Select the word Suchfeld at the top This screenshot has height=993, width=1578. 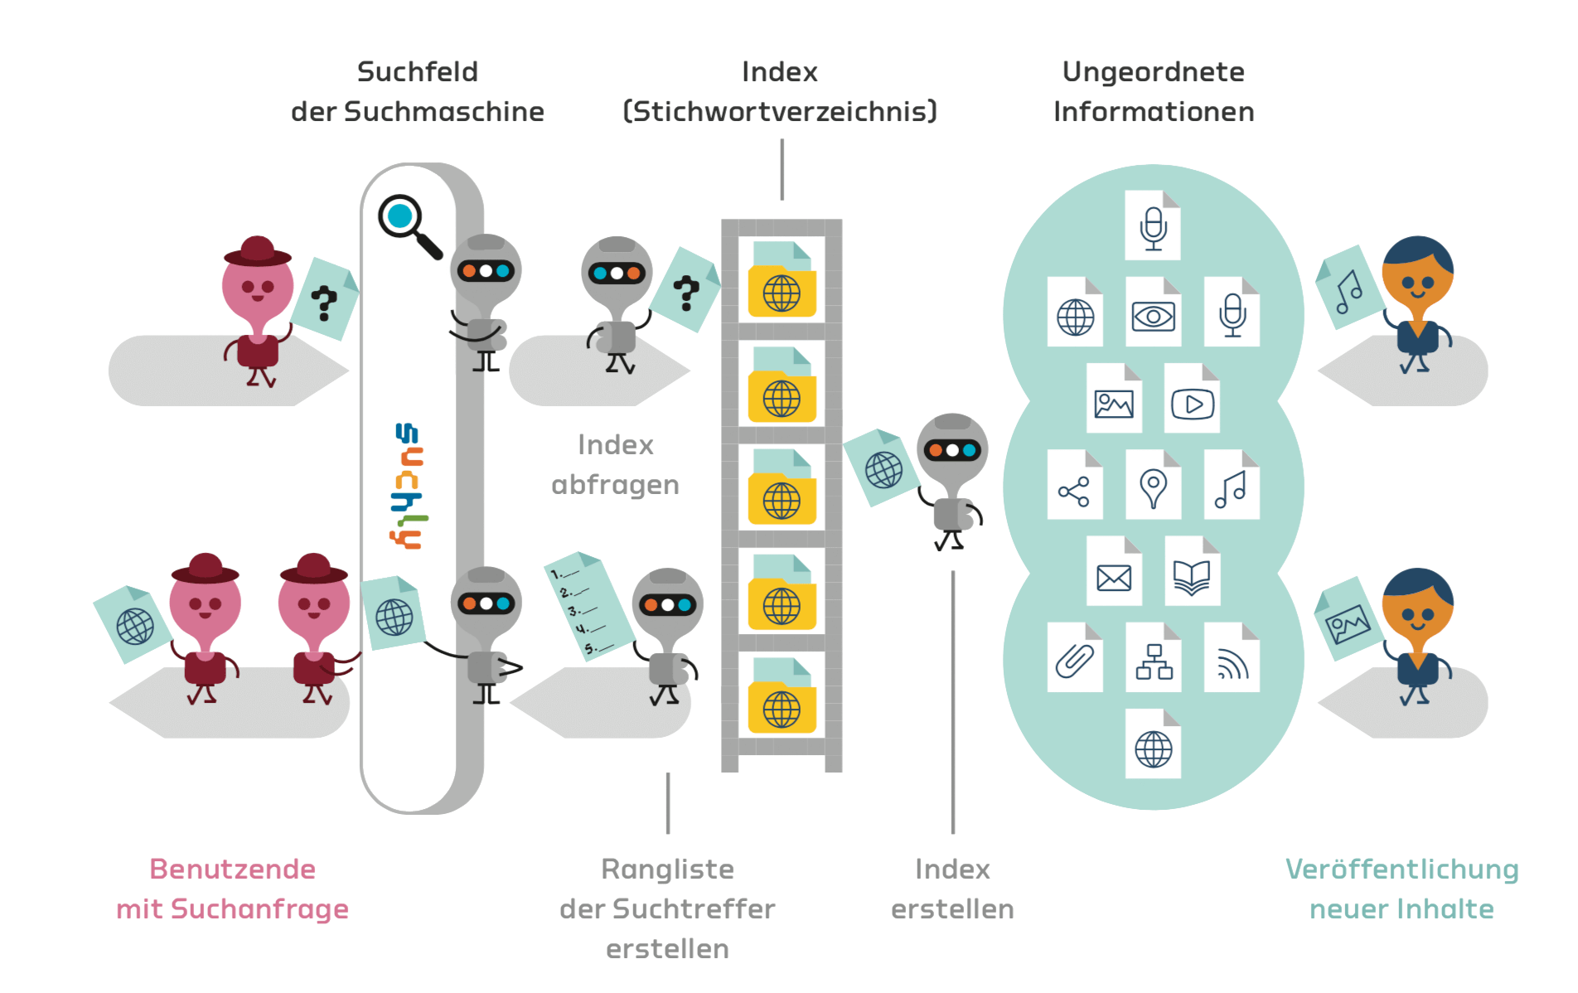point(418,72)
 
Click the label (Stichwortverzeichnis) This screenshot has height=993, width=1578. point(780,112)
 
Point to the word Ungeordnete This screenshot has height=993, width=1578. point(1153,72)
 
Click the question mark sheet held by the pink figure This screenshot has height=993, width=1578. point(324,299)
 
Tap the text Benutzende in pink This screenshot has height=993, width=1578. point(232,869)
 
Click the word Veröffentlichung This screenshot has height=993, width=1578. point(1401,869)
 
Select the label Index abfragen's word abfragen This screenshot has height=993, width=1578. point(615,485)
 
